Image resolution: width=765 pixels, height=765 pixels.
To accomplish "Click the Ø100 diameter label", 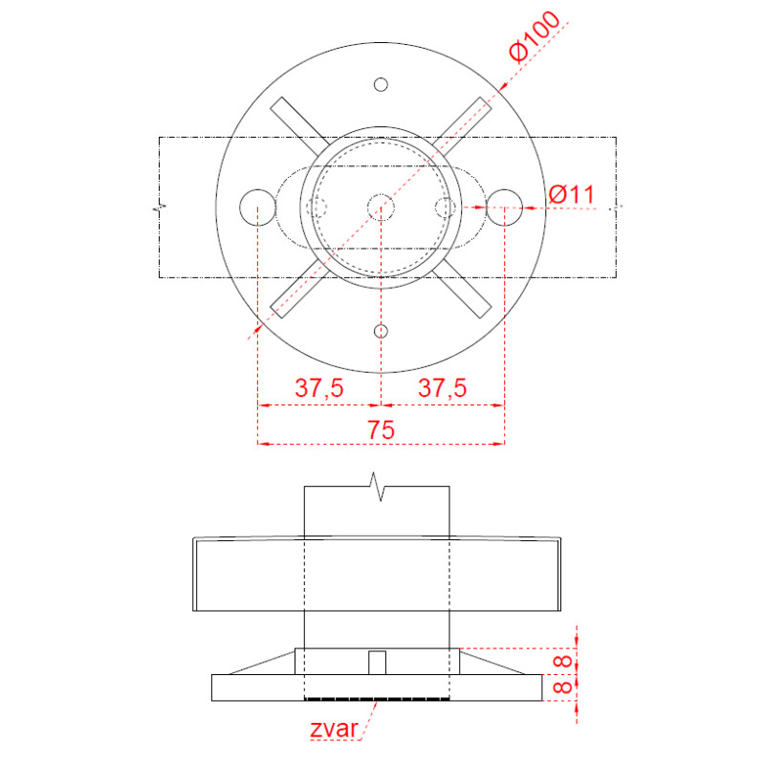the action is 535,36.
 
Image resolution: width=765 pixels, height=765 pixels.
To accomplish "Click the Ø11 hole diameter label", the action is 571,194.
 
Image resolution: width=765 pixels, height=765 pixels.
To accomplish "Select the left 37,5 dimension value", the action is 319,388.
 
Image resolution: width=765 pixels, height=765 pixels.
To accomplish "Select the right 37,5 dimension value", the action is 442,388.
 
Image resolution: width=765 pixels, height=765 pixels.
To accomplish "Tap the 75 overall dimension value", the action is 381,429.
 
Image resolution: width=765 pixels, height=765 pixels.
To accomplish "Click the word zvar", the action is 334,729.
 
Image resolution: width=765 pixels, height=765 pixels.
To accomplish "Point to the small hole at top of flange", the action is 381,85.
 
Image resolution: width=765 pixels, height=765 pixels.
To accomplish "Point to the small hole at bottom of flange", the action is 381,332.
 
